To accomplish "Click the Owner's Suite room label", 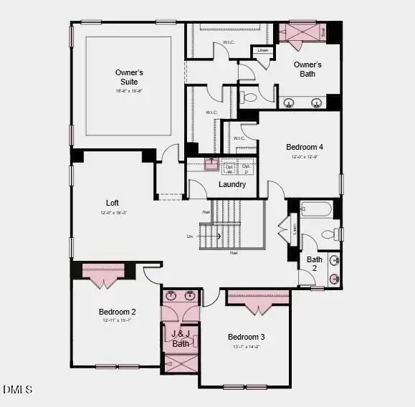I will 129,77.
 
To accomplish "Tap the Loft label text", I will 112,203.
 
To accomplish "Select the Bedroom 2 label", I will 118,312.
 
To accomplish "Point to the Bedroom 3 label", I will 247,337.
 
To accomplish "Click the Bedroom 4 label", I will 305,147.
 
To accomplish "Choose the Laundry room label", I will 232,184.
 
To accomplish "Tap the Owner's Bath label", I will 307,69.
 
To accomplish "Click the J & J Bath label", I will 181,338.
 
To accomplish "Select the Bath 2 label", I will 314,263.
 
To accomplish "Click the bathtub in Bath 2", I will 315,209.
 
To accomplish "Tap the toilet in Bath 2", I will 332,234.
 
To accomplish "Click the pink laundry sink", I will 211,163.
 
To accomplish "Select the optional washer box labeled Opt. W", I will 229,168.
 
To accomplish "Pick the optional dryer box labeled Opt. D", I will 247,168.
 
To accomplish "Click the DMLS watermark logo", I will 17,389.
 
